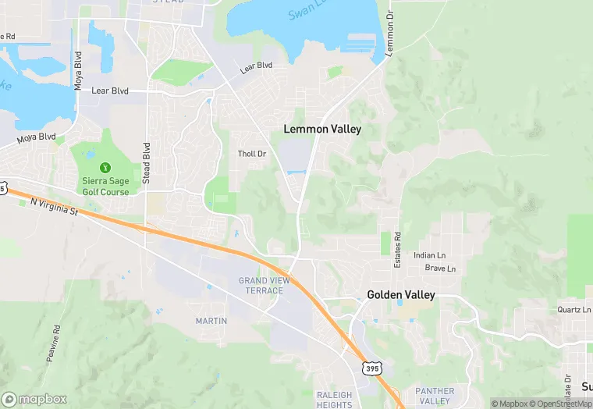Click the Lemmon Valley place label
tap(322, 129)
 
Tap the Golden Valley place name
tap(401, 296)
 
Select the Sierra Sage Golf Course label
tap(106, 187)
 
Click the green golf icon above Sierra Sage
tap(105, 167)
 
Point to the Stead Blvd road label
tap(146, 163)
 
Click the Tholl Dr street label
tap(252, 154)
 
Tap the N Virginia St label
tap(56, 205)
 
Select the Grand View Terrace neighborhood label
tap(261, 285)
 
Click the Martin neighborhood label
tap(211, 321)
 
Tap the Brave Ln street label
tap(440, 269)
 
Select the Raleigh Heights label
tap(335, 400)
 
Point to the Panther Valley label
tap(435, 396)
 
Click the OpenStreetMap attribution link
tap(560, 404)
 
